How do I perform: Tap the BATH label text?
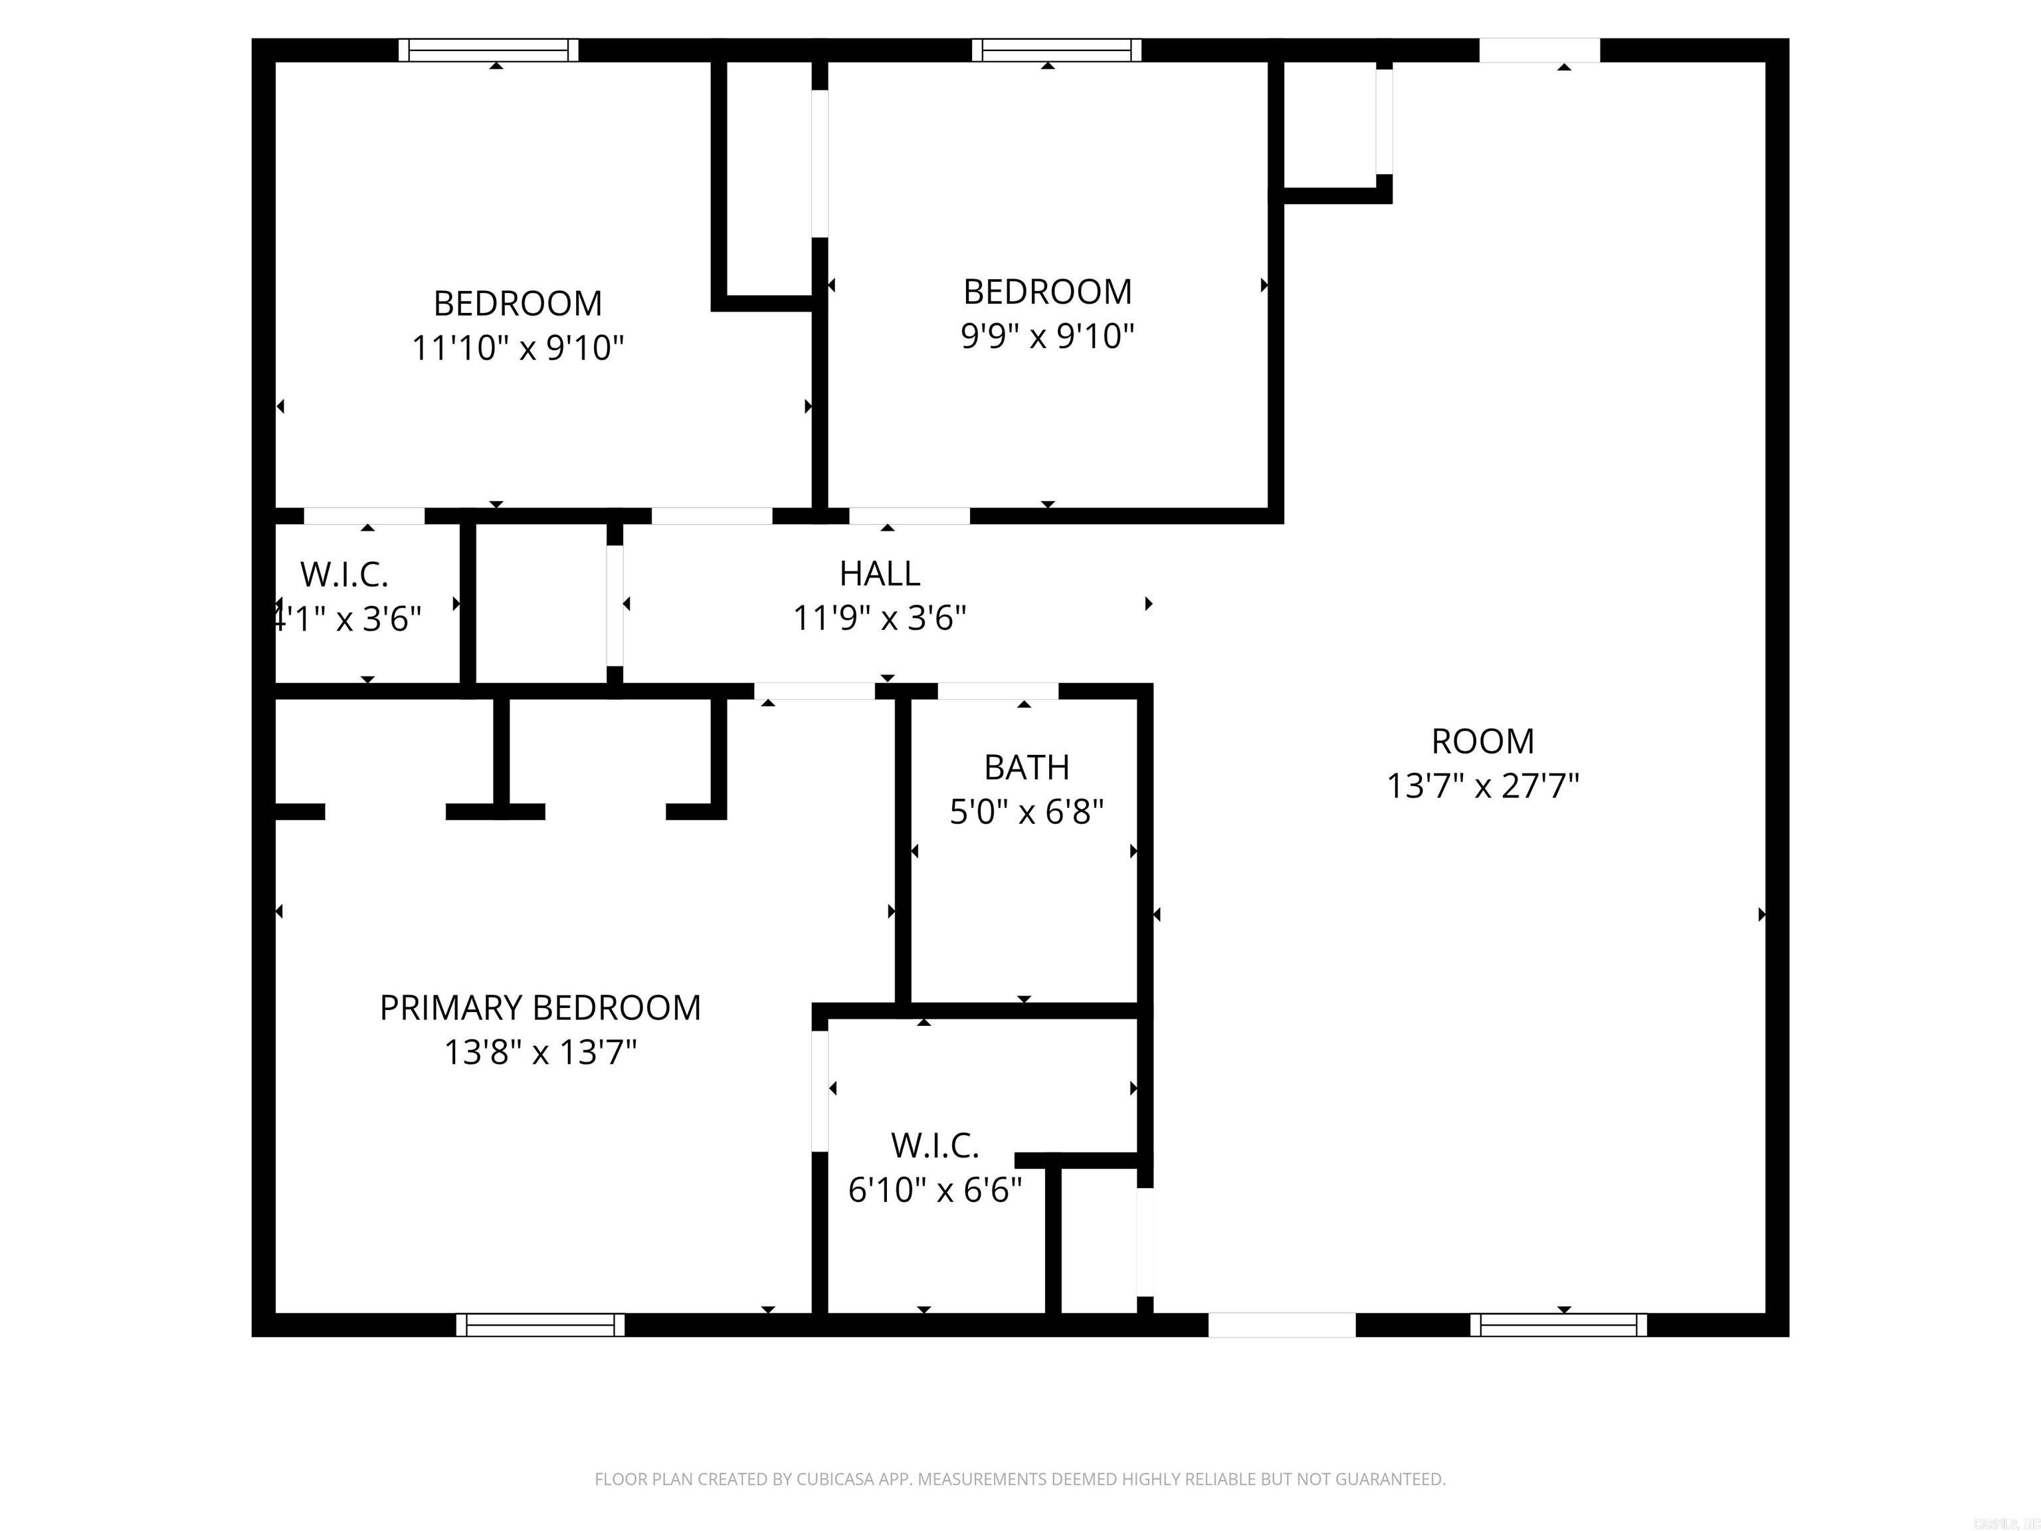1026,767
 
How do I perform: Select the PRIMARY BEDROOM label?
539,1008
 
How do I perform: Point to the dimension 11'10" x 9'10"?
518,349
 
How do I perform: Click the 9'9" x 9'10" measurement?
1046,337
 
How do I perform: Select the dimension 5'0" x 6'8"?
1026,812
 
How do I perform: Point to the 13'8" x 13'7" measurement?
539,1052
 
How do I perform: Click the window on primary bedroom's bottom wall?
539,1325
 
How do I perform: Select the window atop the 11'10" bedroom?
488,50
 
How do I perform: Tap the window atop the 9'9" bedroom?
1056,50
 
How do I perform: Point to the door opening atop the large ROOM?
1539,50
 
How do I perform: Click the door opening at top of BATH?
997,691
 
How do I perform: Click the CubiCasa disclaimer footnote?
1020,1479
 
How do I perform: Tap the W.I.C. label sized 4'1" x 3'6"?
344,575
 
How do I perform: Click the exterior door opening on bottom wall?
1282,1325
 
